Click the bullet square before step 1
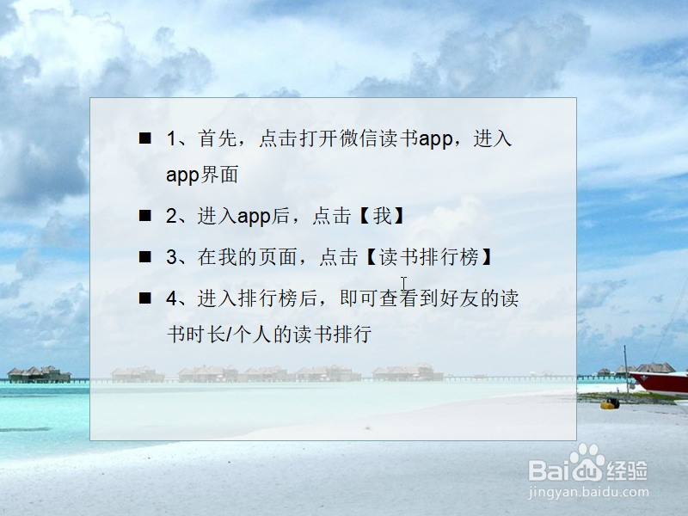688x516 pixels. [x=145, y=138]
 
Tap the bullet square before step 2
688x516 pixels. [x=145, y=216]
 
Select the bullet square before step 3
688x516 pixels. [x=145, y=256]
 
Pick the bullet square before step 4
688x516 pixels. [x=145, y=298]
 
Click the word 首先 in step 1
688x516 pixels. [x=213, y=138]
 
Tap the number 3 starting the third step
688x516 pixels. [x=171, y=257]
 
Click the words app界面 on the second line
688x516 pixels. [x=202, y=175]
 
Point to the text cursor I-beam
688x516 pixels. [x=403, y=283]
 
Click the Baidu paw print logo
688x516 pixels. [x=588, y=464]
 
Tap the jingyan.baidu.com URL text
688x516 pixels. [x=587, y=493]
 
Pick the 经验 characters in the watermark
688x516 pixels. [x=628, y=470]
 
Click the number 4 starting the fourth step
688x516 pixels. [x=171, y=298]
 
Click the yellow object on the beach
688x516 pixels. [x=610, y=402]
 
